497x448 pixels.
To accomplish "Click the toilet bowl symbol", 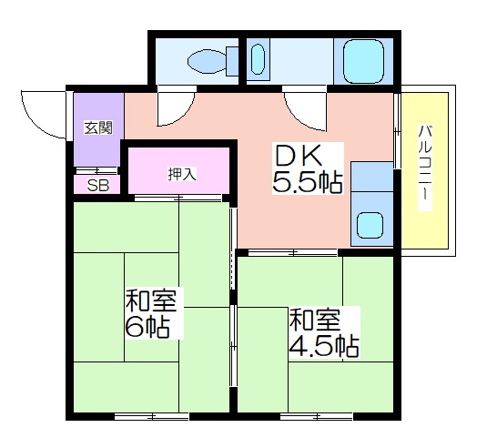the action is [x=207, y=62].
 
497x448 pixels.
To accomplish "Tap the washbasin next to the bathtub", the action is [x=258, y=59].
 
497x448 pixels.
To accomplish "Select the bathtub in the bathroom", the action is [x=363, y=61].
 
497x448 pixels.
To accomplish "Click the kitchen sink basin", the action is [x=370, y=225].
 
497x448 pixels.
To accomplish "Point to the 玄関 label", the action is [x=98, y=127].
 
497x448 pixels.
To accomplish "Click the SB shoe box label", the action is [x=98, y=186].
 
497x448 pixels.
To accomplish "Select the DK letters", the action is [x=299, y=156].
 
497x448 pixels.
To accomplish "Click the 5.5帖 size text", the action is [x=308, y=183].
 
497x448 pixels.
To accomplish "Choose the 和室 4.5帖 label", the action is [x=324, y=332].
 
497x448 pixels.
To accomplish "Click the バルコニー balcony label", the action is [x=425, y=168].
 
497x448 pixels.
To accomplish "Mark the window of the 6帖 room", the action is [x=151, y=416].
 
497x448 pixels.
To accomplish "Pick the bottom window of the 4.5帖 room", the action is [x=317, y=416].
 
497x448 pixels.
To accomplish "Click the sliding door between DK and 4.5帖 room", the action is [x=292, y=253].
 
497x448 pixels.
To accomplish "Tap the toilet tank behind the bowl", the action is [x=232, y=61].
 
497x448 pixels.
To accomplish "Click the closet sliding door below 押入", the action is [x=178, y=199].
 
